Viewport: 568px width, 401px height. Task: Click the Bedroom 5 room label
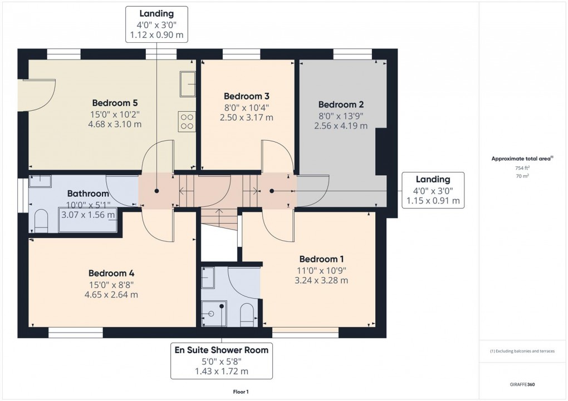coord(115,103)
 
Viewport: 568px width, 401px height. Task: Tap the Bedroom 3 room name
coord(247,96)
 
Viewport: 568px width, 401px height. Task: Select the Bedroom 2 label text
coord(341,105)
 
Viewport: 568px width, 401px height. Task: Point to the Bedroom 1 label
coord(321,259)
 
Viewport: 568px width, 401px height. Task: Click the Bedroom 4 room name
coord(111,273)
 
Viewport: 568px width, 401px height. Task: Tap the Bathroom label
coord(88,194)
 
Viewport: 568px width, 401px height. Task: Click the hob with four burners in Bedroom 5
coord(187,121)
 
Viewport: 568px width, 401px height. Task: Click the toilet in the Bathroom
coord(41,220)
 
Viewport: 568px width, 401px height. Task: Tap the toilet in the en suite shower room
coord(247,315)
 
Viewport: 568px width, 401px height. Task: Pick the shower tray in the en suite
coord(213,313)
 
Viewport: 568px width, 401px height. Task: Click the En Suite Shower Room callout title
coord(221,350)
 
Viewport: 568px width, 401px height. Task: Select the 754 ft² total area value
coord(522,167)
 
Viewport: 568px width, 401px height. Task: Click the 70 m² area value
coord(522,175)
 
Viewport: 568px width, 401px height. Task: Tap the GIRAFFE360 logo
coord(522,384)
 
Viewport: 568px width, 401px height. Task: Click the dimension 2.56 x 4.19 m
coord(341,126)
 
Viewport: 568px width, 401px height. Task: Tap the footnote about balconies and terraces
coord(522,352)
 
